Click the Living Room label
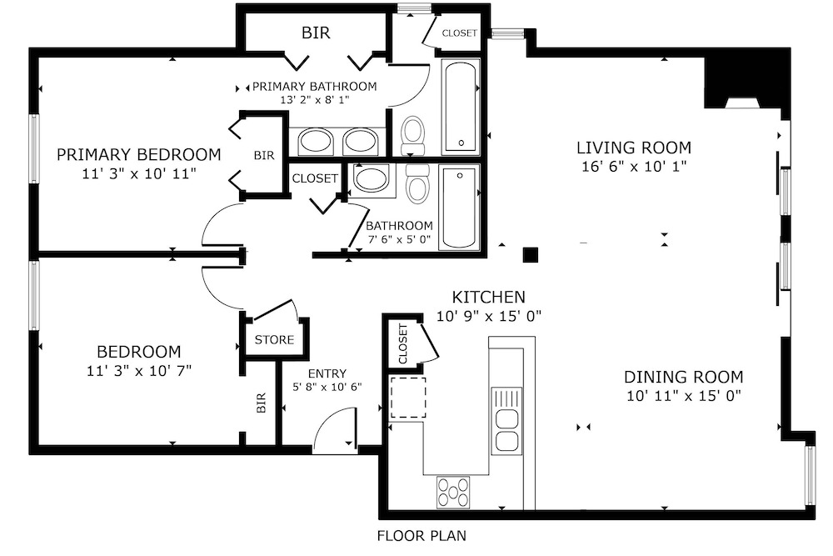634,148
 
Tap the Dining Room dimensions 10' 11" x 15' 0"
684,396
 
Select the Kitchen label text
488,297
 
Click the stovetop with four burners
453,492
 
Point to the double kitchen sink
506,420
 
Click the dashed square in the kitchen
408,398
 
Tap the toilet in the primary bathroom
413,135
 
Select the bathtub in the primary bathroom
461,107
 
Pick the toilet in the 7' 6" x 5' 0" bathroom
418,183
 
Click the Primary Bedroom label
138,155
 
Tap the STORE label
274,339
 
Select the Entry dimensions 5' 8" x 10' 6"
327,387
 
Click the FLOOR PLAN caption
421,536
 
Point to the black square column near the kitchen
530,255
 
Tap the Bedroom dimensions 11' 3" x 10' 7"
138,370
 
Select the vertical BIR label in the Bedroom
261,403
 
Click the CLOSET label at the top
460,33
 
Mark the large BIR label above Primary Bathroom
316,33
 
